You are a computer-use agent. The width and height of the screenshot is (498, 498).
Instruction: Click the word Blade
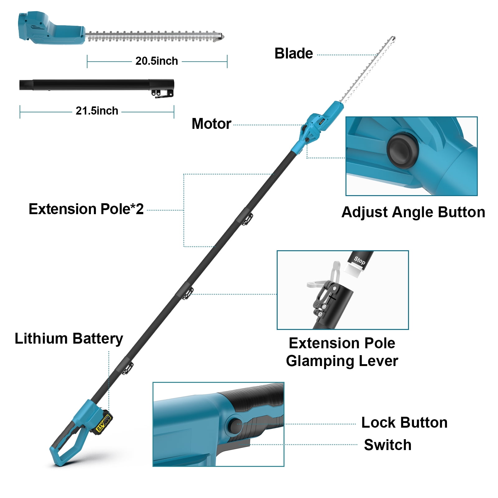point(294,54)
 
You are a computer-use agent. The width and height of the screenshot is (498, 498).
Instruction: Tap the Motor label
point(211,124)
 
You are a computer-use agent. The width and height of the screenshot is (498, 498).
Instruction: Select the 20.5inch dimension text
point(157,61)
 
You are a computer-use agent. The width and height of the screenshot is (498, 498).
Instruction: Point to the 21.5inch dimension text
point(97,111)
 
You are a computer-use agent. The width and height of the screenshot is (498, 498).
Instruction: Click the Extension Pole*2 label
point(86,209)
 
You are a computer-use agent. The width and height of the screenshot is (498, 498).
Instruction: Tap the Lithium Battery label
point(69,339)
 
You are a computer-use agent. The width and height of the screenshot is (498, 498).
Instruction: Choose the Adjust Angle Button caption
point(413,212)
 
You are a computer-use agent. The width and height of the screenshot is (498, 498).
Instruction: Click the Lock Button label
point(404,423)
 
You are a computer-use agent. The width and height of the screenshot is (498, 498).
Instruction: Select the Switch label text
point(388,445)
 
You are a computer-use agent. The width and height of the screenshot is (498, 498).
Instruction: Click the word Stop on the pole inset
point(359,260)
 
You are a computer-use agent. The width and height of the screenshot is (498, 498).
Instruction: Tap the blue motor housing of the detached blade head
point(51,28)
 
